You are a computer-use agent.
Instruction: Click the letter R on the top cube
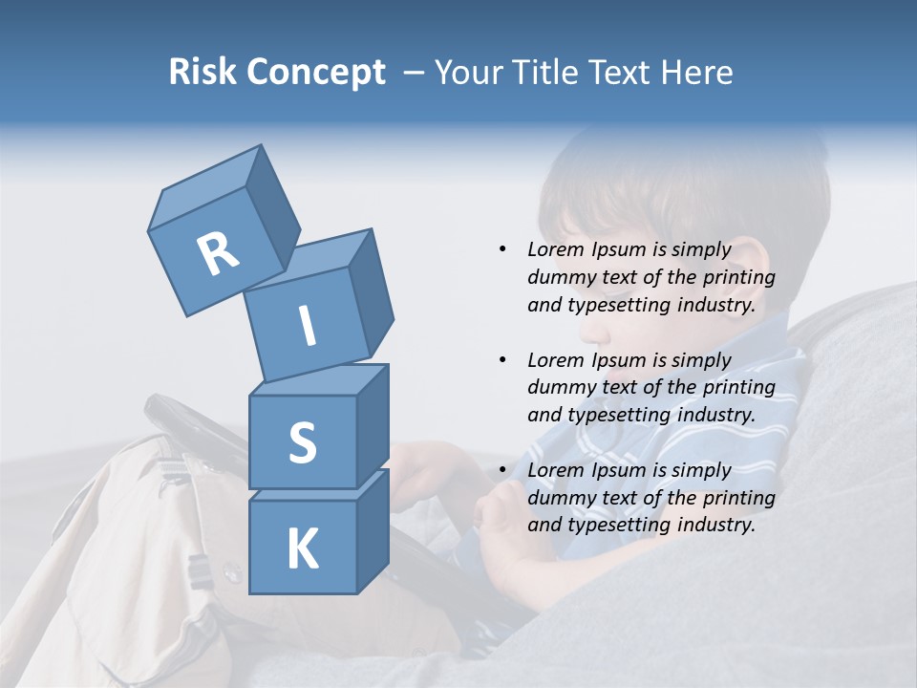click(x=218, y=253)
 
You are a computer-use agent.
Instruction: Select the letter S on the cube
click(x=302, y=442)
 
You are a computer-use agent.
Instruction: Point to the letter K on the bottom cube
click(x=302, y=549)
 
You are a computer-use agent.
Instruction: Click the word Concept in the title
click(x=317, y=73)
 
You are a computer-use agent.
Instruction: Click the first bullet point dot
click(x=502, y=249)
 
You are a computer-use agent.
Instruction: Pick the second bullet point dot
click(x=502, y=360)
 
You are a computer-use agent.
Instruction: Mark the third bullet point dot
click(x=502, y=470)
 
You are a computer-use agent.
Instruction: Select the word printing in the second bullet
click(x=738, y=387)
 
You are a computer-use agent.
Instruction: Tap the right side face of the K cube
click(x=373, y=530)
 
